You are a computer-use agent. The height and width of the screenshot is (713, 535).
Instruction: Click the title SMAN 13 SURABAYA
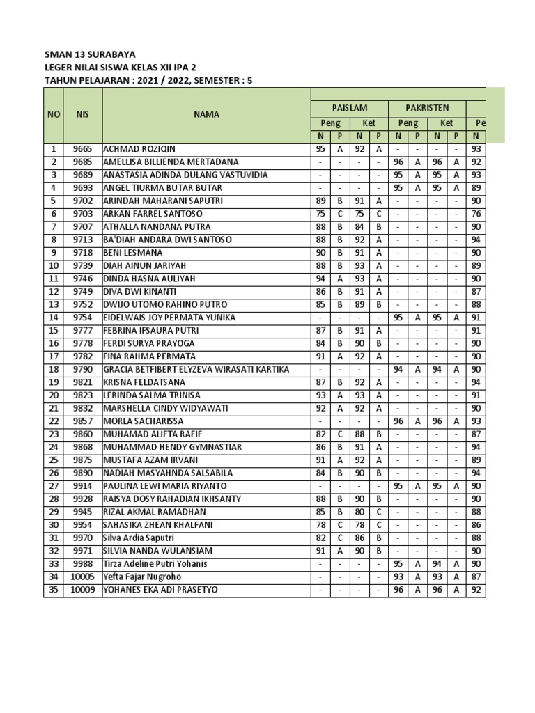(x=90, y=54)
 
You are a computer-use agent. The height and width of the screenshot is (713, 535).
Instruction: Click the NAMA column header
(x=206, y=114)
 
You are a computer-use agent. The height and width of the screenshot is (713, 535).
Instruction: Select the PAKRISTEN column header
(x=428, y=108)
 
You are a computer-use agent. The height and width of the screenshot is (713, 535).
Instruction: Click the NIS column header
(x=82, y=114)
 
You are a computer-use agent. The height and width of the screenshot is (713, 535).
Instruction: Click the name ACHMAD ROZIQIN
(x=139, y=149)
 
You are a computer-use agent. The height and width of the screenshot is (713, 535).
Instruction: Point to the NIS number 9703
(x=82, y=214)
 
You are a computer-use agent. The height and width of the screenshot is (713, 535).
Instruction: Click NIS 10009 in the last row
(x=82, y=590)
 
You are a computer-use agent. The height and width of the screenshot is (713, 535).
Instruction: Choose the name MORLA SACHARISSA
(x=144, y=421)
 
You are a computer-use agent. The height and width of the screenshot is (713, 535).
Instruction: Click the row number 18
(x=53, y=370)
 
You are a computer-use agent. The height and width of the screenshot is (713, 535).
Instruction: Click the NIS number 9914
(x=82, y=486)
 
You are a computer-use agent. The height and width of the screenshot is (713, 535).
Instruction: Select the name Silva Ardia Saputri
(x=139, y=538)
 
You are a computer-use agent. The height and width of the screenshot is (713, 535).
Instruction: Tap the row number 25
(x=53, y=460)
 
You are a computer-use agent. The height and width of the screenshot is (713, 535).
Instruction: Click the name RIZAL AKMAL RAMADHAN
(x=150, y=512)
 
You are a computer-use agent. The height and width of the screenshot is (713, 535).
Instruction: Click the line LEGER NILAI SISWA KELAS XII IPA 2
(x=120, y=67)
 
